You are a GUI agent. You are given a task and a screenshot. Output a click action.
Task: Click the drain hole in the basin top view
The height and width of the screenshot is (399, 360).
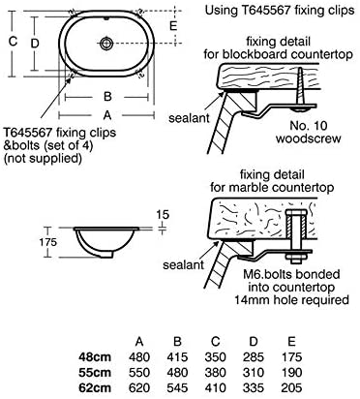point(106,43)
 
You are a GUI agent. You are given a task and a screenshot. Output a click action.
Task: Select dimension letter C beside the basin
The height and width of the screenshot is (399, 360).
point(13,42)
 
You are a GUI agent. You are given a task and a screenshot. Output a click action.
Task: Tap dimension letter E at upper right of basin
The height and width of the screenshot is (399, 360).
point(173,25)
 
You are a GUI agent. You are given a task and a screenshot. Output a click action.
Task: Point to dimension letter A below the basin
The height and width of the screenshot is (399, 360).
point(107,115)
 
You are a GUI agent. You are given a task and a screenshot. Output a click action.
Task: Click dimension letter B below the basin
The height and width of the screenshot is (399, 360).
point(107,97)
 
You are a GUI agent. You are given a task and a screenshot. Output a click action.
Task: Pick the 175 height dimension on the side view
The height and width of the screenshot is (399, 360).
point(48,242)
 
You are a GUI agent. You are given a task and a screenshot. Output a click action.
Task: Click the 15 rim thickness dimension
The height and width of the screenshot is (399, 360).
point(163,215)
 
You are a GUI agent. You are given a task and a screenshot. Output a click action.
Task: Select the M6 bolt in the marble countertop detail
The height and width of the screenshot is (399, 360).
point(296,235)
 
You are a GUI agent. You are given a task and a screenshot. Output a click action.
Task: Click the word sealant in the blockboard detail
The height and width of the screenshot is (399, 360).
point(189,118)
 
